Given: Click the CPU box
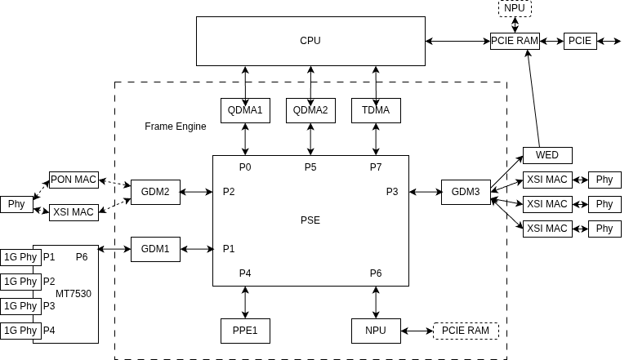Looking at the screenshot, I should tap(310, 41).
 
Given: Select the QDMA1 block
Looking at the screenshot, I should tap(245, 110).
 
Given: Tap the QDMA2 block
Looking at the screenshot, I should tap(310, 110).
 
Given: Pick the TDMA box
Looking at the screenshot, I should tap(376, 110).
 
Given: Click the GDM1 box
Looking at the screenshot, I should tap(155, 249).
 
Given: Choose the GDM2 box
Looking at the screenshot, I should tap(155, 192).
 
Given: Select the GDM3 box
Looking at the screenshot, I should tap(466, 192).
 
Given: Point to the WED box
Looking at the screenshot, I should tap(547, 155).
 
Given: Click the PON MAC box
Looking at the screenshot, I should tap(74, 180).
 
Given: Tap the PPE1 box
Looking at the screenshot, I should tap(245, 331).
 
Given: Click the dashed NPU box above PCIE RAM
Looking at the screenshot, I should tap(515, 8).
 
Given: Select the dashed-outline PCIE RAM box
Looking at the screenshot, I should tap(466, 331).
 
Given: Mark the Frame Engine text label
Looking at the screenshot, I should tap(176, 127).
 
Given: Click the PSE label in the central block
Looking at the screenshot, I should tap(310, 220).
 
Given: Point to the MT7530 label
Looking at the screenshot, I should tap(74, 293).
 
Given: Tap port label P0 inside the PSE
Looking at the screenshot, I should tap(245, 167).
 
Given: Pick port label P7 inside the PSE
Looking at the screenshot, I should tap(376, 167).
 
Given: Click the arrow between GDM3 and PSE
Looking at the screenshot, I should tap(425, 192).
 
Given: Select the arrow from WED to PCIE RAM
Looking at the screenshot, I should tap(533, 98).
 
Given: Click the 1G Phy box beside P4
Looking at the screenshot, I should tap(20, 331).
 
